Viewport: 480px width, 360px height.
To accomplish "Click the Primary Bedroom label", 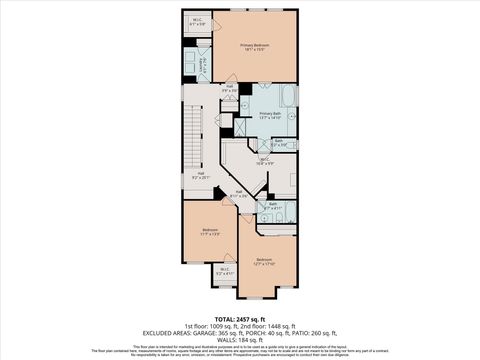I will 254,48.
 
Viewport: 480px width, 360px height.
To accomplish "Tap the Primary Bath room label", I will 270,116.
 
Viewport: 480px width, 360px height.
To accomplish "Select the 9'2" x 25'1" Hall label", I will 201,175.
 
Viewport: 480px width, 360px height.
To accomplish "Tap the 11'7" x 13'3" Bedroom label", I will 210,232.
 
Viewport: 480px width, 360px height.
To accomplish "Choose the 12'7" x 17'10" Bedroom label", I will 263,261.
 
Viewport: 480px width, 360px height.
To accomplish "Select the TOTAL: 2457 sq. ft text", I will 240,319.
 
